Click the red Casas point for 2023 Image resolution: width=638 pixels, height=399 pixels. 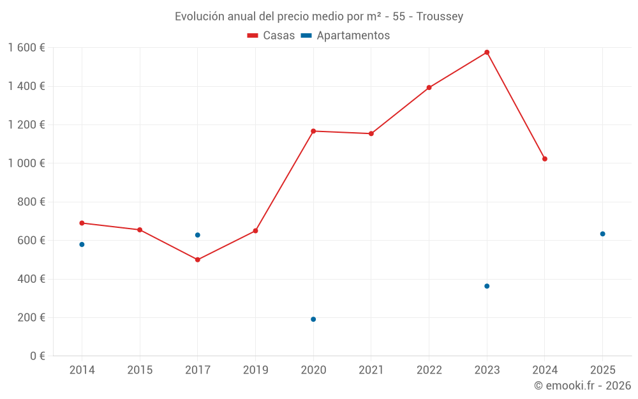(x=487, y=52)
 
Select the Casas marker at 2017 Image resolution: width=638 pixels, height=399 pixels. (x=198, y=260)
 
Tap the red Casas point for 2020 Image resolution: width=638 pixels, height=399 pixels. (x=313, y=131)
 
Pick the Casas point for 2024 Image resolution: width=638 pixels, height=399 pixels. (x=545, y=159)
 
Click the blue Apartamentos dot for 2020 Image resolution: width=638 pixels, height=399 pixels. (x=313, y=319)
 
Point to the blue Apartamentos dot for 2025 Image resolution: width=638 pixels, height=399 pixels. (x=602, y=234)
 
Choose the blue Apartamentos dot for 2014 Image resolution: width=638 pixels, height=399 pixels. (x=82, y=245)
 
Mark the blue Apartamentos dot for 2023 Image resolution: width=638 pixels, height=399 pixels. (x=487, y=286)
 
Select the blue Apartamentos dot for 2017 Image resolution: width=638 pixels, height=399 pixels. (x=198, y=235)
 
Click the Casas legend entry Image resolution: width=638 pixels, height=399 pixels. (x=271, y=36)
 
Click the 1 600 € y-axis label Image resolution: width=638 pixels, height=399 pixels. (x=26, y=48)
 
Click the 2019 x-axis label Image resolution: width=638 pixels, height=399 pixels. (x=255, y=370)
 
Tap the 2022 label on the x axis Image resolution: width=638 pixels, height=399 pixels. (x=429, y=370)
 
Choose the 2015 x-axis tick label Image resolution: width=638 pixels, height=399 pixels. (x=140, y=370)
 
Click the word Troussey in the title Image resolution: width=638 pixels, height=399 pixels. (x=440, y=17)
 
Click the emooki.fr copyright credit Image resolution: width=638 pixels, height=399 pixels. (x=582, y=386)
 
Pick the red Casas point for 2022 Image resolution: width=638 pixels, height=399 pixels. (x=429, y=87)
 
